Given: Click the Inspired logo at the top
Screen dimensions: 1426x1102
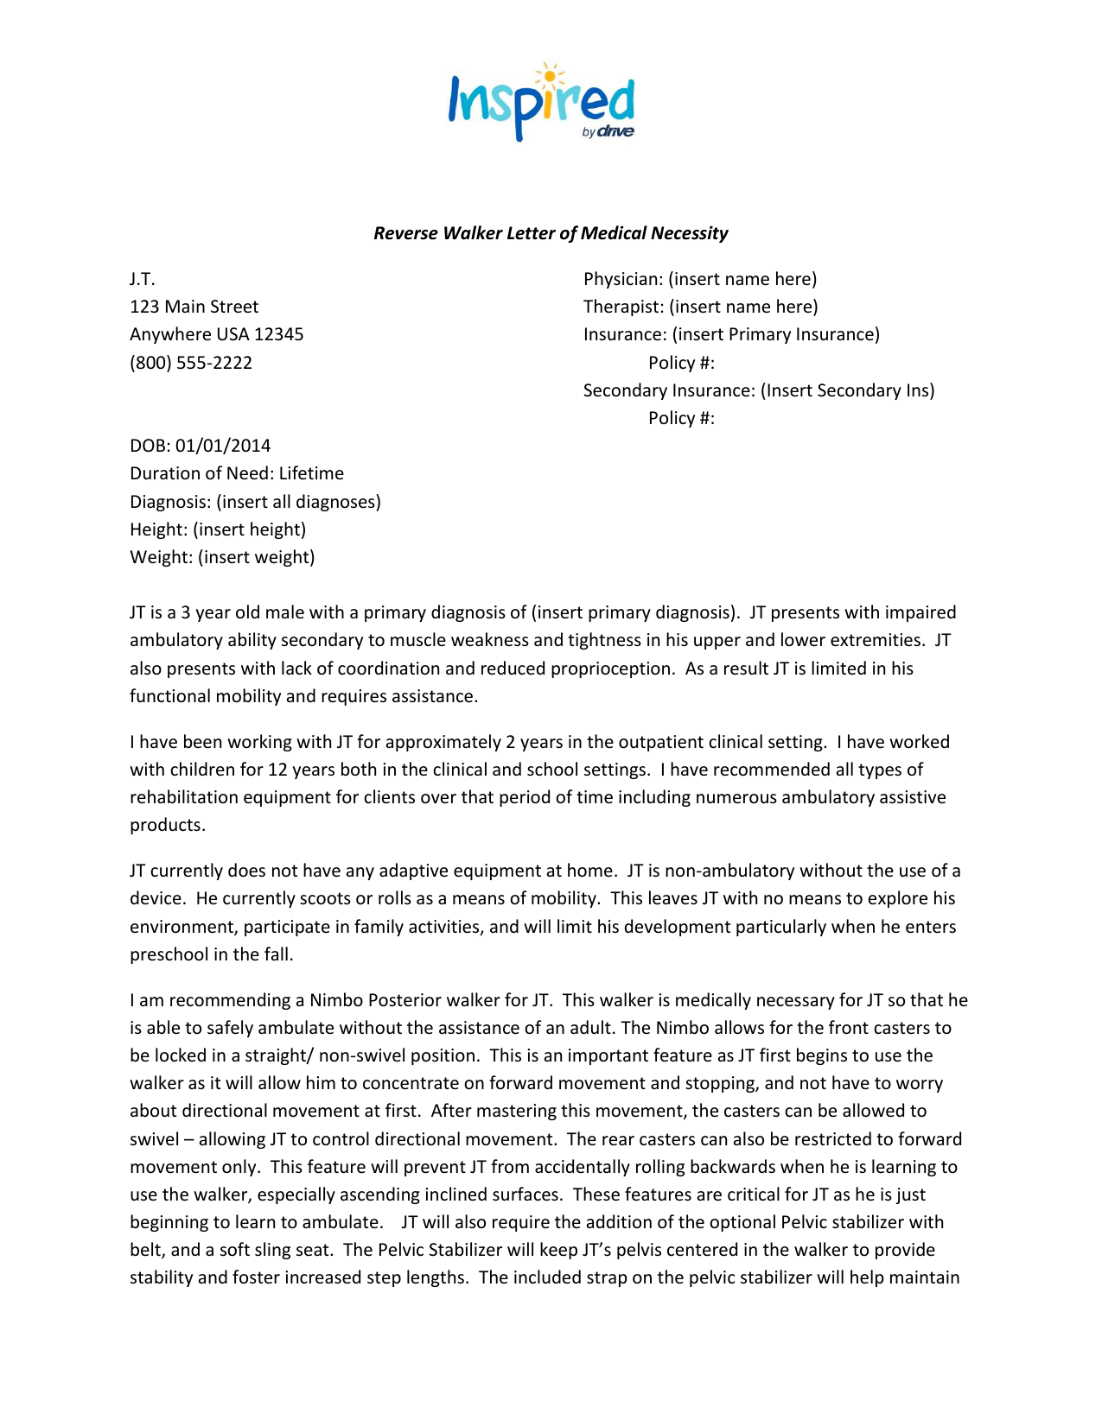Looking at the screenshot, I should click(541, 103).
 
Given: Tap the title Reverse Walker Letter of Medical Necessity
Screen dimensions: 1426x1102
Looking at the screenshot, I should click(551, 233).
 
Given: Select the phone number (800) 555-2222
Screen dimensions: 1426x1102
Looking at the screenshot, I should click(191, 363).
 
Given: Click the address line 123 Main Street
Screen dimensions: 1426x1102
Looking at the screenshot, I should click(194, 307).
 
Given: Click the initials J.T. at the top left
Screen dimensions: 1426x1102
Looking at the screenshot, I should click(143, 279).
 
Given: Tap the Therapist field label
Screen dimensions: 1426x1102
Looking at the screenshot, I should click(622, 307).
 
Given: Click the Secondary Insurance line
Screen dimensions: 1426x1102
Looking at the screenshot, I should click(758, 390).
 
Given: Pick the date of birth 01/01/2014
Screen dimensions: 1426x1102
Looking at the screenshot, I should click(223, 446).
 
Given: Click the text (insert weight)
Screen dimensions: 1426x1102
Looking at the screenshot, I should click(256, 557).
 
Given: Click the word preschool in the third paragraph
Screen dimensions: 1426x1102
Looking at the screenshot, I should click(168, 954).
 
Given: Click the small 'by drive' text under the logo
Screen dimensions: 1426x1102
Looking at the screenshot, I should click(608, 132).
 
